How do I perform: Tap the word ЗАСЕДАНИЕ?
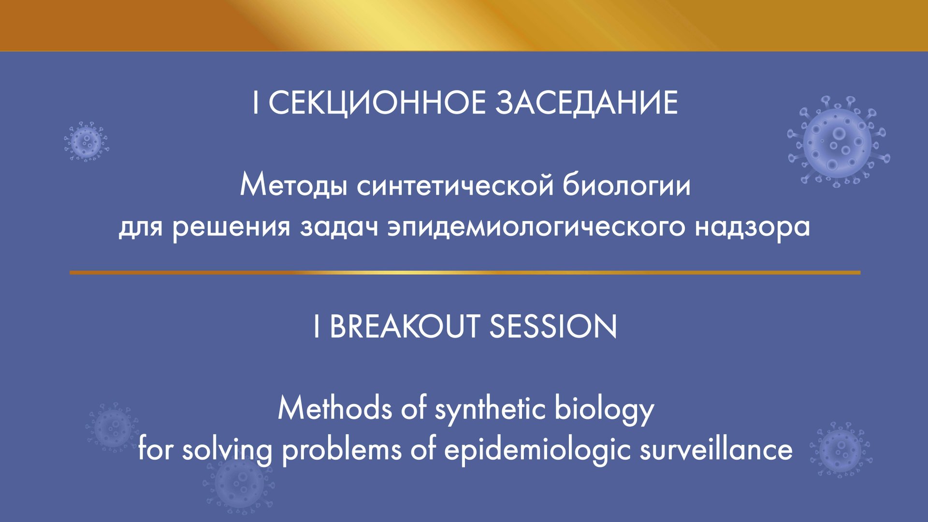pyautogui.click(x=587, y=103)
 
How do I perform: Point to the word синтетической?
pyautogui.click(x=455, y=186)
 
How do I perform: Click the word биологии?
pyautogui.click(x=626, y=186)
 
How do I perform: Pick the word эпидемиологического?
pyautogui.click(x=536, y=226)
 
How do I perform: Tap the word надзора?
pyautogui.click(x=752, y=226)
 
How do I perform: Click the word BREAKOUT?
pyautogui.click(x=404, y=327)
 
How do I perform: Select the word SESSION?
pyautogui.click(x=553, y=327)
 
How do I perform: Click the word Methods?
pyautogui.click(x=335, y=409)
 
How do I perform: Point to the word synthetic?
pyautogui.click(x=490, y=409)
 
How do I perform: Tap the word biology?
pyautogui.click(x=604, y=409)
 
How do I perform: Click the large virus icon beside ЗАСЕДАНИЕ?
pyautogui.click(x=838, y=142)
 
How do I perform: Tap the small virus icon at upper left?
pyautogui.click(x=86, y=141)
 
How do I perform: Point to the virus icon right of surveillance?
pyautogui.click(x=840, y=450)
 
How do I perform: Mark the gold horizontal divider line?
pyautogui.click(x=464, y=273)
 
